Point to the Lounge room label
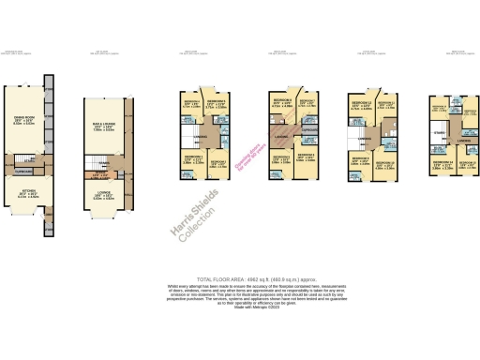coord(103,195)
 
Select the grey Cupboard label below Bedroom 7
coord(312,130)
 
